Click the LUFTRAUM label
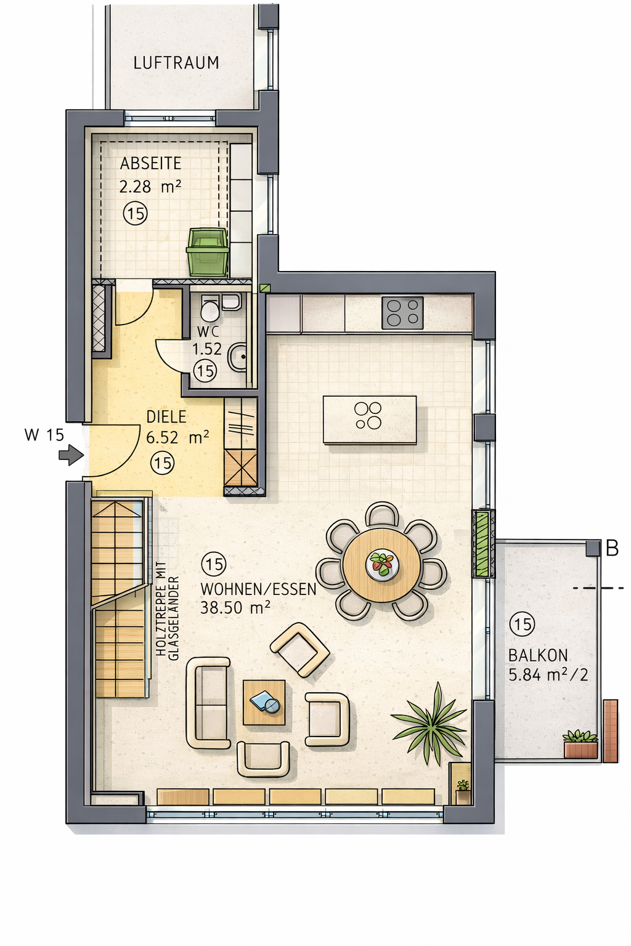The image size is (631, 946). pyautogui.click(x=176, y=63)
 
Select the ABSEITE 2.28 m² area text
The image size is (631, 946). pyautogui.click(x=150, y=174)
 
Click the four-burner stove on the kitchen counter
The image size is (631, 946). pyautogui.click(x=402, y=313)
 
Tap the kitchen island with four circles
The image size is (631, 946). pyautogui.click(x=370, y=420)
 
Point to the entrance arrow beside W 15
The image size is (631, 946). pyautogui.click(x=71, y=455)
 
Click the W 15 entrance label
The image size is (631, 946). pyautogui.click(x=44, y=435)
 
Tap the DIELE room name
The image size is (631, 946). pyautogui.click(x=166, y=417)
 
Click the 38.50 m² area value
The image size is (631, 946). pyautogui.click(x=235, y=608)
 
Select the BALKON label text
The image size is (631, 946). pyautogui.click(x=538, y=655)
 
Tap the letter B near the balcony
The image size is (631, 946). pyautogui.click(x=613, y=549)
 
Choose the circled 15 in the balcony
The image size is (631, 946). pyautogui.click(x=522, y=624)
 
